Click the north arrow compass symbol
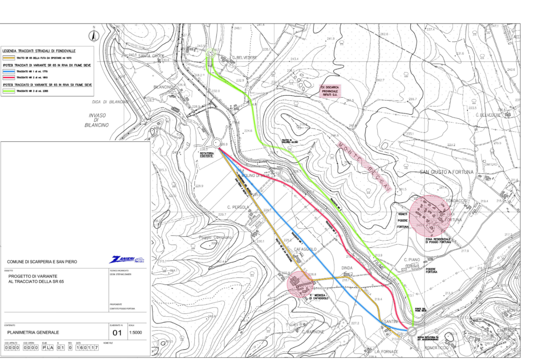point(94,36)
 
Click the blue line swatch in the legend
point(9,72)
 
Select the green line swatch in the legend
point(9,91)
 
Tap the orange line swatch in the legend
point(9,58)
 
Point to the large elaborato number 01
point(117,333)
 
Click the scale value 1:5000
point(136,333)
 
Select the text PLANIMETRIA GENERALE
point(33,333)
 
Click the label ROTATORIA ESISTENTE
point(207,154)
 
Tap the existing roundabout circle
point(216,143)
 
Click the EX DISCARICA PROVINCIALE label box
point(330,91)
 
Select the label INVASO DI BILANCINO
point(97,120)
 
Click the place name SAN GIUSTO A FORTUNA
point(446,172)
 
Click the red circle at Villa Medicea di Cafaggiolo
point(300,284)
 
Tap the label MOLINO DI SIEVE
point(256,175)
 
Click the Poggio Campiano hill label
point(215,238)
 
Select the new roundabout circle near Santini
point(412,331)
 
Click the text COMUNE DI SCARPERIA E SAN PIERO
point(42,262)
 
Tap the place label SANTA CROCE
point(151,56)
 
